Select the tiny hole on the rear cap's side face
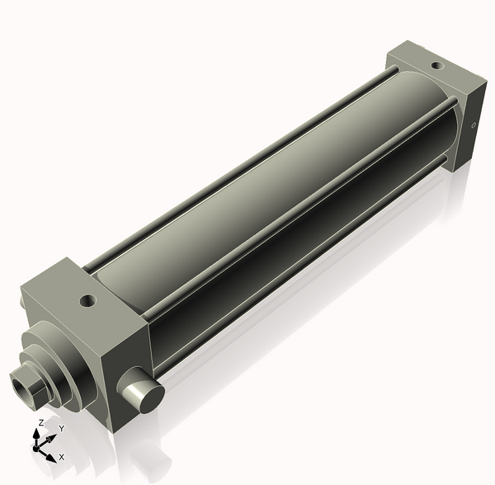474,126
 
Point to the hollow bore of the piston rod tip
21,387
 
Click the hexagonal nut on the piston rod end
31,384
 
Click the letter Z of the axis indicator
41,423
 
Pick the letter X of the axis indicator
61,456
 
